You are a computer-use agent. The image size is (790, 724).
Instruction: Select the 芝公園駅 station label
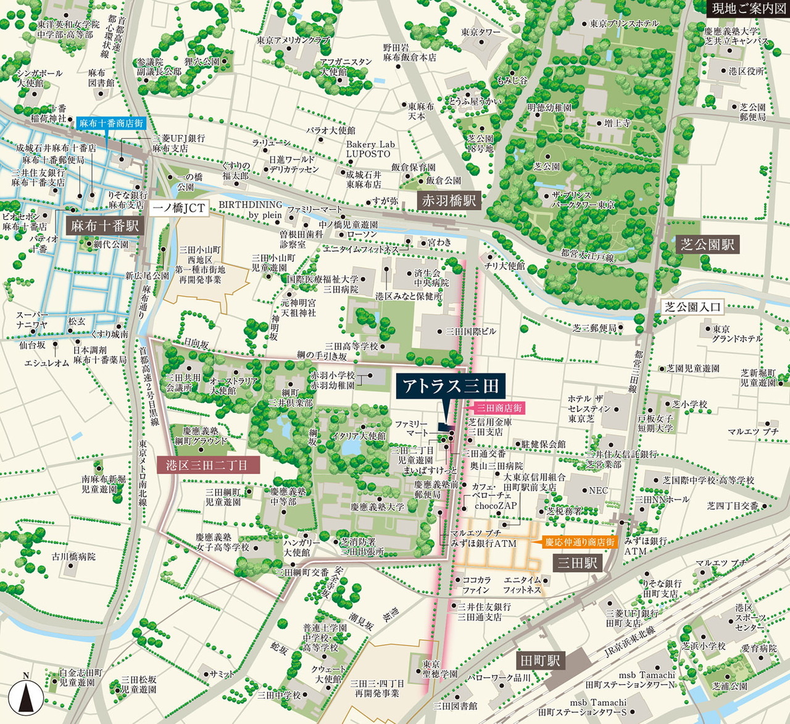click(707, 244)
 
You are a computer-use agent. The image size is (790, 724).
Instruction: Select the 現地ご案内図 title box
click(748, 9)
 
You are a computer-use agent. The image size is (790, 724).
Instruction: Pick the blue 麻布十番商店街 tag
click(111, 123)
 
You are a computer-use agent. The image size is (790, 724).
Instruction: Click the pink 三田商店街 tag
click(500, 408)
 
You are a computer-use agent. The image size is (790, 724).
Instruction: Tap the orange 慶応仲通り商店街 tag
click(580, 542)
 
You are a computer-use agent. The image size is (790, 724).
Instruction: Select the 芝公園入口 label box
click(692, 307)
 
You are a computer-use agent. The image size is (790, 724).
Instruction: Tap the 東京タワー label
click(481, 32)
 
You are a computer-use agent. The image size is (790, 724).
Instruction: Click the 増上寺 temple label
click(617, 123)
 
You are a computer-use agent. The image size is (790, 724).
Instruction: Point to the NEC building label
click(598, 491)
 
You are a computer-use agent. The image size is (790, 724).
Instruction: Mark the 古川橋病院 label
click(73, 556)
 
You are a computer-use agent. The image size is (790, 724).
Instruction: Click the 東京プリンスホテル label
click(624, 23)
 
